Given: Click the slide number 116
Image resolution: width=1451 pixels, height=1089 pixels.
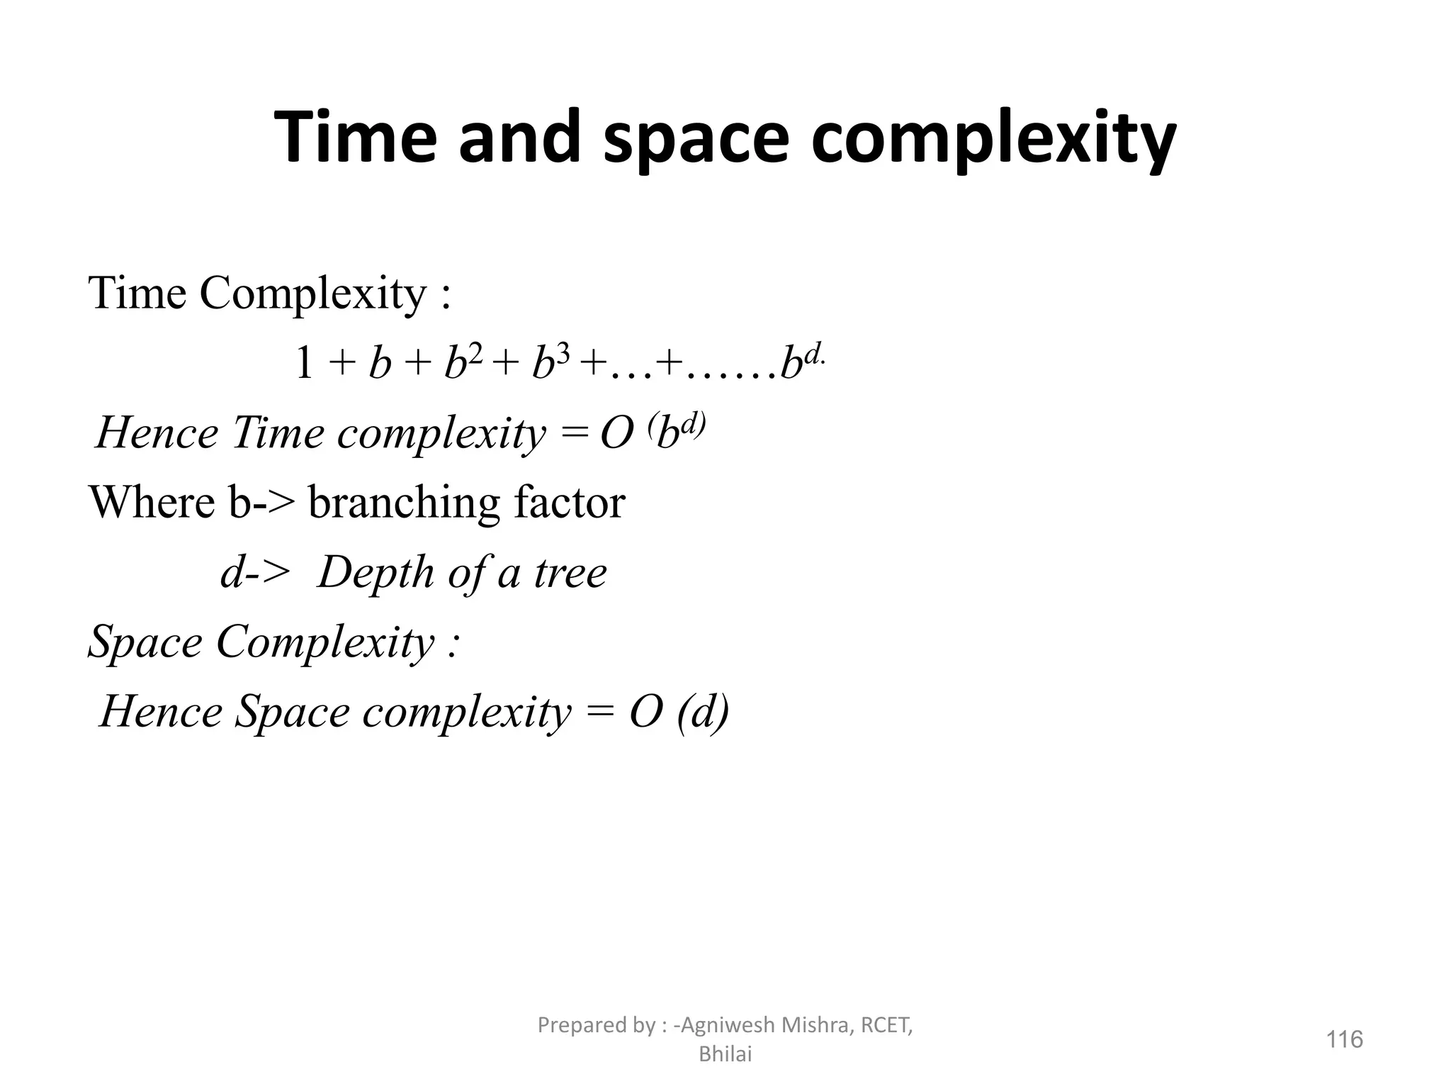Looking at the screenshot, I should (x=1344, y=1039).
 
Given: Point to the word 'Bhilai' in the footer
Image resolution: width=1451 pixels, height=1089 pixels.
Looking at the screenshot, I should (x=725, y=1055).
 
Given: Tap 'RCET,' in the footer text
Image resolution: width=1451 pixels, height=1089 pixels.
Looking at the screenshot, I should (x=886, y=1025).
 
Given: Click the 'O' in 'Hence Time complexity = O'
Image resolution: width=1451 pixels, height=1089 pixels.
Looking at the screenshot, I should (x=616, y=433).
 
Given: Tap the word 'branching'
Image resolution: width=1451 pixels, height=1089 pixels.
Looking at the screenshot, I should (x=405, y=503).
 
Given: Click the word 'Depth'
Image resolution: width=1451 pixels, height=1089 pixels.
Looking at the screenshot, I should (x=376, y=572).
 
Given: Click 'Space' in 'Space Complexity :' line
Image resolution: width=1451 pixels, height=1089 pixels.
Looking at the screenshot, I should (x=146, y=642).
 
